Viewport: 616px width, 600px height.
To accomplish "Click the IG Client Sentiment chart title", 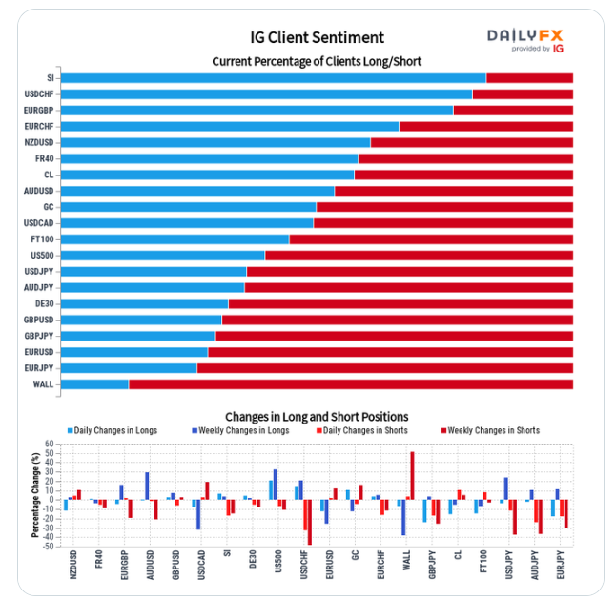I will click(x=316, y=37).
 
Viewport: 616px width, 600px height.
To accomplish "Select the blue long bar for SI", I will click(x=272, y=78).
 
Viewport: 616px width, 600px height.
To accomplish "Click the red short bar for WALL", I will click(x=350, y=384).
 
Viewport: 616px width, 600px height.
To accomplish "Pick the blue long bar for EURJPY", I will click(x=128, y=368).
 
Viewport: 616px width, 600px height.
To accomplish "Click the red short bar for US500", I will click(x=418, y=256).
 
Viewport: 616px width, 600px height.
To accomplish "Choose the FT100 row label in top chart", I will click(x=42, y=239).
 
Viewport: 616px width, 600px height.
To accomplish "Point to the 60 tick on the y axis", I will click(x=50, y=445).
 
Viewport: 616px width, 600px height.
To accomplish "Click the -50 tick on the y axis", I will click(x=48, y=546).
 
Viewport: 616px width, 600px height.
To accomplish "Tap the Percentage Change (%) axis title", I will click(x=34, y=495).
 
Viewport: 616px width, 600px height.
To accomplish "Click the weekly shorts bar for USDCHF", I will click(x=309, y=522).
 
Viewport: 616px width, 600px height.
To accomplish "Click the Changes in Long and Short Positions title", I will click(x=316, y=417).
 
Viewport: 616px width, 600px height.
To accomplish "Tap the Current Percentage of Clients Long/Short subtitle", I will click(x=316, y=61).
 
